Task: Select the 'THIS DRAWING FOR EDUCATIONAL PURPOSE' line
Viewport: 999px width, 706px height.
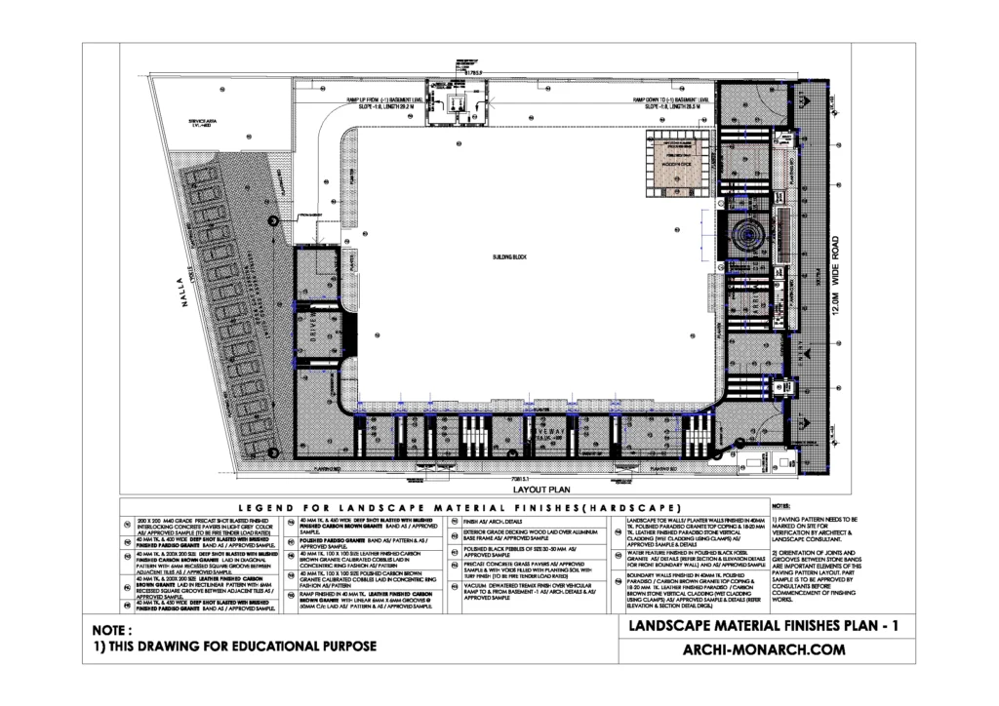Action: (x=234, y=647)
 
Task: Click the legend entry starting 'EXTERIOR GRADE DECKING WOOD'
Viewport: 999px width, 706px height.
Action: (x=527, y=537)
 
